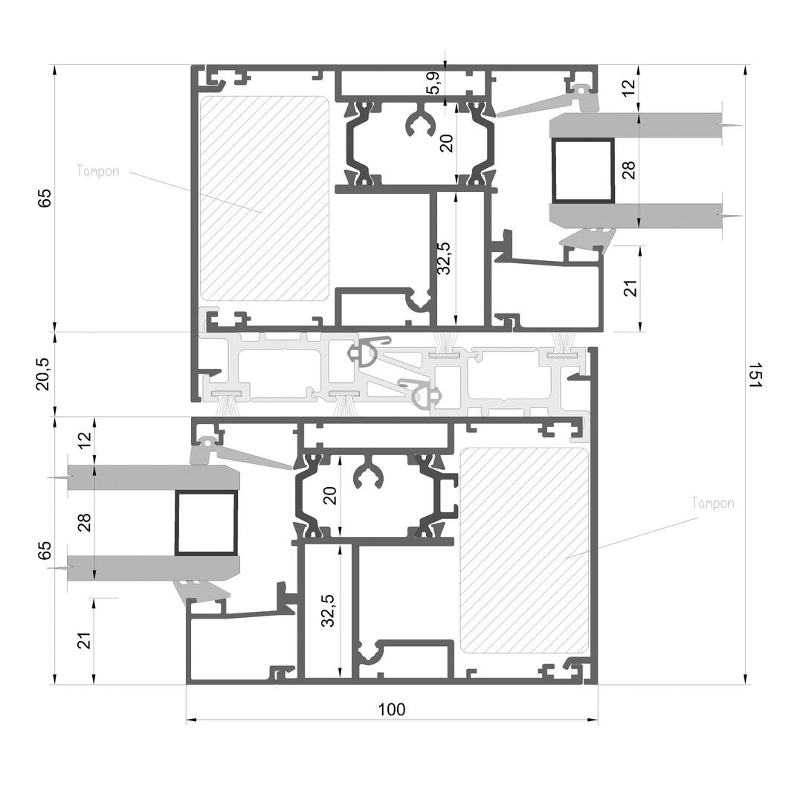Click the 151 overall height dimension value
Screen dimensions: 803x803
756,375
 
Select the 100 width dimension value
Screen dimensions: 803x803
392,709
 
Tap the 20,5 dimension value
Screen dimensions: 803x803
44,374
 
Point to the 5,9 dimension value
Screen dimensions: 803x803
433,83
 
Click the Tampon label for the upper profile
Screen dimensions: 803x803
98,171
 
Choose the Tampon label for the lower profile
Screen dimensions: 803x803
713,503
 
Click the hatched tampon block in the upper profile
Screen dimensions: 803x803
264,199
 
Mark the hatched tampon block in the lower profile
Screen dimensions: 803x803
524,550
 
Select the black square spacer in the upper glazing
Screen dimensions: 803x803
583,170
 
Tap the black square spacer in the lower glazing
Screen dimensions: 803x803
207,523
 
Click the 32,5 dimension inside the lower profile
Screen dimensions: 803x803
329,610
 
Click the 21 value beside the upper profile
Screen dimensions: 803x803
631,288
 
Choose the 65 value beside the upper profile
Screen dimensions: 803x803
45,199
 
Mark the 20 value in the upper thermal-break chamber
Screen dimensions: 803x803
446,143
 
